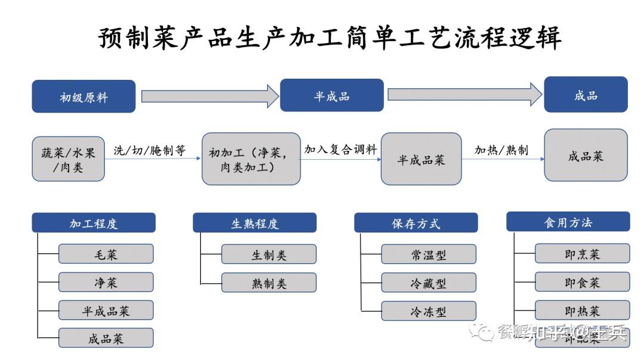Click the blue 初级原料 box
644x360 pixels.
pyautogui.click(x=83, y=97)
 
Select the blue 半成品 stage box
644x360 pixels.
pyautogui.click(x=332, y=95)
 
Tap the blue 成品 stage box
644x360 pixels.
pyautogui.click(x=586, y=94)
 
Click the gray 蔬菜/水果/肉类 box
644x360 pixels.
pyautogui.click(x=68, y=159)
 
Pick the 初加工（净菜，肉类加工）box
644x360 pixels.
pyautogui.click(x=251, y=159)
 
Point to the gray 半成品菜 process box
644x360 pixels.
pyautogui.click(x=421, y=159)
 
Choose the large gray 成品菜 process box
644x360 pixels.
pyautogui.click(x=586, y=156)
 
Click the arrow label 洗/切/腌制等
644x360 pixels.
pyautogui.click(x=150, y=151)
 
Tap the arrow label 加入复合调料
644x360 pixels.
pyautogui.click(x=340, y=150)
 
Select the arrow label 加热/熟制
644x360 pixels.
pyautogui.click(x=501, y=150)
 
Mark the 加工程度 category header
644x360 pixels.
pyautogui.click(x=94, y=223)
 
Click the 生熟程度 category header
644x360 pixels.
pyautogui.click(x=255, y=223)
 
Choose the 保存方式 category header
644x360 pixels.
pyautogui.click(x=416, y=223)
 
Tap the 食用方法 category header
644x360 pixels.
pyautogui.click(x=568, y=222)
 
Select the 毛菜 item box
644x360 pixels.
pyautogui.click(x=106, y=254)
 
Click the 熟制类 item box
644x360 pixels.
pyautogui.click(x=269, y=283)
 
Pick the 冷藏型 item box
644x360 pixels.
pyautogui.click(x=428, y=283)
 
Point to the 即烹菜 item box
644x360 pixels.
pyautogui.click(x=582, y=253)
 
